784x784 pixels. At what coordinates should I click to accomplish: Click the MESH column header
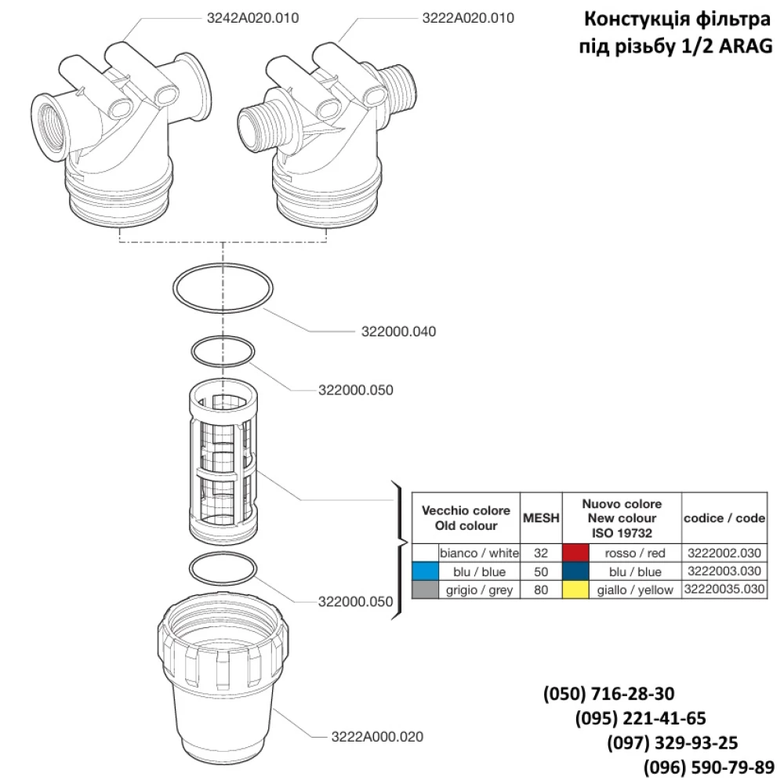tap(541, 517)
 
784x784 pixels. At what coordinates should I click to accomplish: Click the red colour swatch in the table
tap(575, 553)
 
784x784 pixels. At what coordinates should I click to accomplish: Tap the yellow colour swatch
tap(575, 590)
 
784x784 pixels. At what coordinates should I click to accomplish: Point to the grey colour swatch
tap(424, 590)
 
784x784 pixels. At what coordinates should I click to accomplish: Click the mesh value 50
tap(541, 572)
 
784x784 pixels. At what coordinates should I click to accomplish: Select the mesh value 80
tap(541, 590)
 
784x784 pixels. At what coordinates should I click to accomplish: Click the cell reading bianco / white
tap(479, 553)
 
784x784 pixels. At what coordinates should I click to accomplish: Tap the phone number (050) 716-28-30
tap(608, 694)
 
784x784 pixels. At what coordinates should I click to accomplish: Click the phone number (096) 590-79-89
tap(709, 766)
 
